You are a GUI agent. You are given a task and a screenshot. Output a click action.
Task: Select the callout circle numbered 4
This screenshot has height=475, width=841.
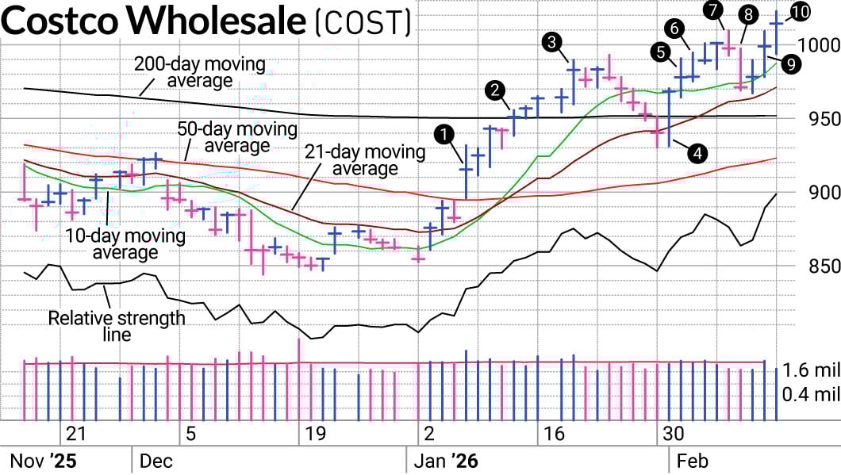(x=698, y=153)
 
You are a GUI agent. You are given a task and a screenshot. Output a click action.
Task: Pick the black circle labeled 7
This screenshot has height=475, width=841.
(x=712, y=10)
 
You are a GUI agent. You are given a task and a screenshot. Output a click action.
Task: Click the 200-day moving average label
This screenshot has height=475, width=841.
(x=188, y=72)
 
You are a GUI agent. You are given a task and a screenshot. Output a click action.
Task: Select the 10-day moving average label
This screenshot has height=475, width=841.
(x=125, y=244)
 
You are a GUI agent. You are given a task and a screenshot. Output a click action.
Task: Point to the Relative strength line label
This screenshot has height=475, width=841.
(x=117, y=326)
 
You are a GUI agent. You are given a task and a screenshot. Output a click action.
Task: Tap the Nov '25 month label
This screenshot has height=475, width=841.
(x=43, y=460)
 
